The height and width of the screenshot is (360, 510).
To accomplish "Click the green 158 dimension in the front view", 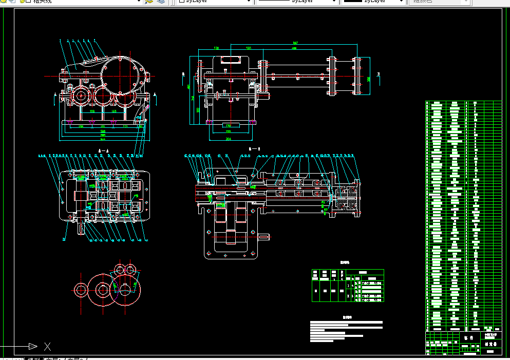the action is point(92,111).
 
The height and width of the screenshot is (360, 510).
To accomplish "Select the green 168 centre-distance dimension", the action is point(115,111).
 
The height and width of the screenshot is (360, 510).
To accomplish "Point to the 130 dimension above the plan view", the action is point(216,48).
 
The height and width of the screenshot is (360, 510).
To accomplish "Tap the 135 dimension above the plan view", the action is point(249,48).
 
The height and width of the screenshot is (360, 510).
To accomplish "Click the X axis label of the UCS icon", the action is point(47,346).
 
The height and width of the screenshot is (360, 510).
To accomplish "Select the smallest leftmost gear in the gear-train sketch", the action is point(81,290).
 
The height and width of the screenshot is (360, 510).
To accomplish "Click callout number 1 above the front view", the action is point(60,40).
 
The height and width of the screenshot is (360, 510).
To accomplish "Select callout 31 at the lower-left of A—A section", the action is point(64,239).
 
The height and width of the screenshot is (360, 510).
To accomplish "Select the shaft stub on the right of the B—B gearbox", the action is point(263,237).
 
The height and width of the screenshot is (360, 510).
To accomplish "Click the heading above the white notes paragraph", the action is point(347,317).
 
